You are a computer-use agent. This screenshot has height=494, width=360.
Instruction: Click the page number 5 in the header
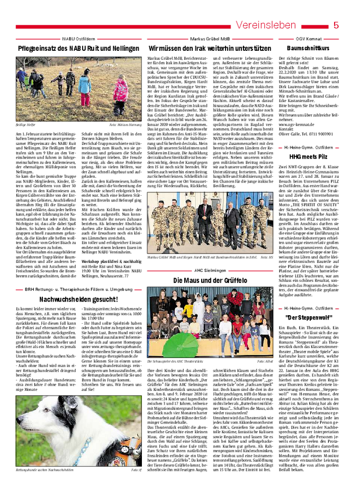click(336, 25)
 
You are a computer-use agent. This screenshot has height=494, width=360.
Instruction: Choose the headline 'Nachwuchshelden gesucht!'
click(79, 299)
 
